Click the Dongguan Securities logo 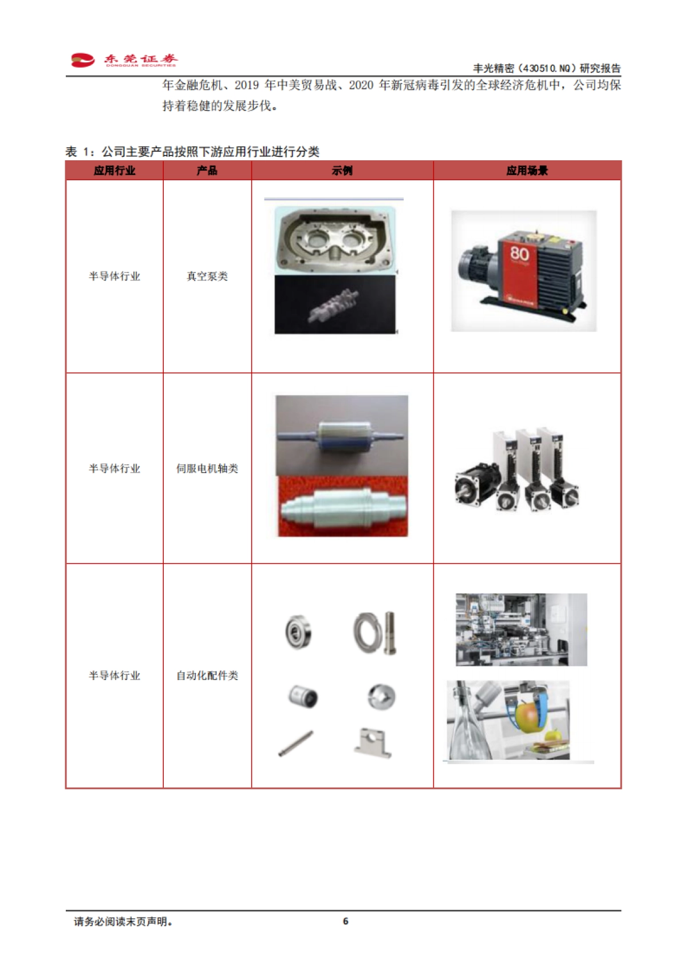(x=124, y=60)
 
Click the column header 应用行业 (x=114, y=171)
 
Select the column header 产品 (x=207, y=171)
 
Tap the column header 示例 (x=342, y=171)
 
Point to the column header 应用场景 (x=527, y=171)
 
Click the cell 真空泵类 (x=207, y=276)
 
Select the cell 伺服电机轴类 (x=207, y=469)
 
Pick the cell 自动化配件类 (x=207, y=676)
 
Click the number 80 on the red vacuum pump (x=519, y=253)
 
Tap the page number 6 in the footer (x=345, y=921)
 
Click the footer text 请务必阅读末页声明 (x=123, y=922)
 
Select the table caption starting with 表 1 (x=192, y=152)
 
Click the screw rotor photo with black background (x=335, y=305)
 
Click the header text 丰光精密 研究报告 (x=546, y=68)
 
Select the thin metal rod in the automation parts (x=295, y=744)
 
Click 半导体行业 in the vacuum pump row (x=114, y=276)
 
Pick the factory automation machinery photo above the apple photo (x=521, y=630)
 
